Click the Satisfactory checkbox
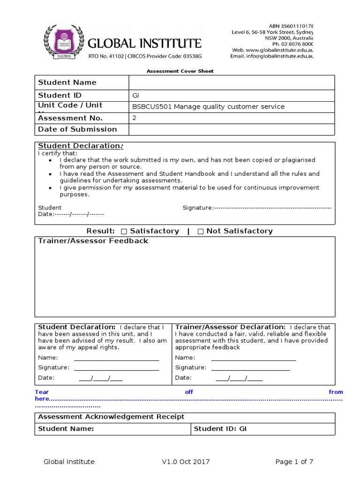point(124,231)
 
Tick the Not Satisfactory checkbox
point(201,231)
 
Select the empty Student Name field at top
point(232,82)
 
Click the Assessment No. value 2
point(134,118)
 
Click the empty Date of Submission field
point(232,129)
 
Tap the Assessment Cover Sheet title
point(180,71)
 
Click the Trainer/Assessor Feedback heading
point(93,241)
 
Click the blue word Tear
point(42,392)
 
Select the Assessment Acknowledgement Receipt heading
point(111,417)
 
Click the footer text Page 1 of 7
point(294,462)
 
